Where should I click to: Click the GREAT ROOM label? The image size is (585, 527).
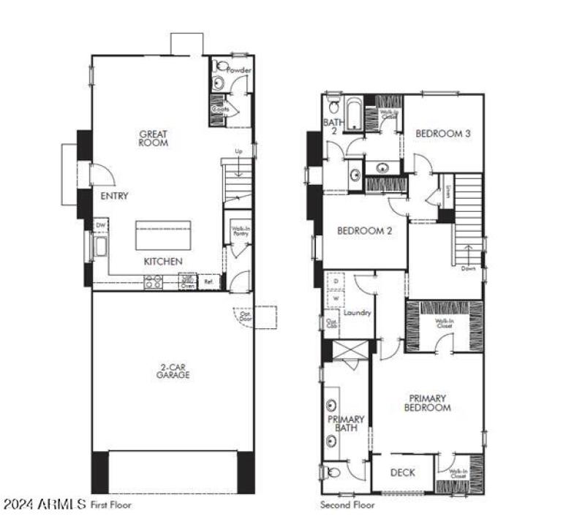(x=154, y=138)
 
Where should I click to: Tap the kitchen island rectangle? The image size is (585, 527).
(x=163, y=236)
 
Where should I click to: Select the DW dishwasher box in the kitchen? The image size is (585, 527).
(x=100, y=226)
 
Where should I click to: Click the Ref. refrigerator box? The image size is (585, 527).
(x=208, y=281)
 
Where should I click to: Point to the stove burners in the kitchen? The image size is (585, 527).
(x=154, y=281)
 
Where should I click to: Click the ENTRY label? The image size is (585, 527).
(x=115, y=196)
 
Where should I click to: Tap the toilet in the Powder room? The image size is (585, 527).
(x=219, y=67)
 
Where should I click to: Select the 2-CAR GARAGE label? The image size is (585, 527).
(x=173, y=370)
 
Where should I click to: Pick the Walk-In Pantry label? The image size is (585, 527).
(x=238, y=232)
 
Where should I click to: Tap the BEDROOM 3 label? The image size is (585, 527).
(x=442, y=133)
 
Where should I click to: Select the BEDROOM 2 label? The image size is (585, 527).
(x=365, y=231)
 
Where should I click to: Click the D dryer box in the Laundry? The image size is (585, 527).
(x=336, y=281)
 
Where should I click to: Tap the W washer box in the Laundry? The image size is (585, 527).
(x=336, y=298)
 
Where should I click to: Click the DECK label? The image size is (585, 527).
(x=402, y=472)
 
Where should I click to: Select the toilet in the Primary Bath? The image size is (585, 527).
(x=333, y=472)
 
